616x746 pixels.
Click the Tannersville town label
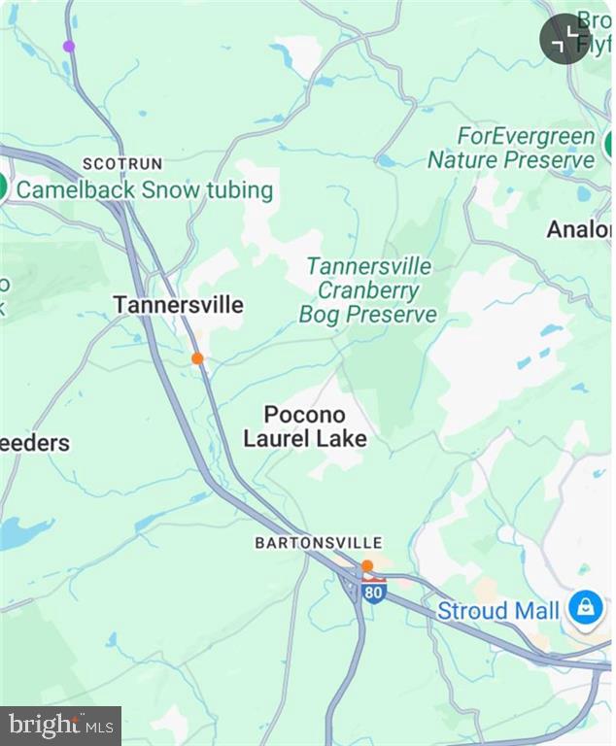178,305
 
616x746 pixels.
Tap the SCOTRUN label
122,164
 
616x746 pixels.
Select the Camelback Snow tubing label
145,189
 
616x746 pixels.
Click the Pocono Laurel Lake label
305,426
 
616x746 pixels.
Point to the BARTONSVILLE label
319,543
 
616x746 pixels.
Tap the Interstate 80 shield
374,590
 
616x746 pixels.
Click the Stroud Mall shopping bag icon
585,609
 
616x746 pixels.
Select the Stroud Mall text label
497,611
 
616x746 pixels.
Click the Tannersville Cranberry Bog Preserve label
368,289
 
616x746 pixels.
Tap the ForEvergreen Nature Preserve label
511,148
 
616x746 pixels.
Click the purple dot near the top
69,46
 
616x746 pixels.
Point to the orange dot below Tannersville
197,358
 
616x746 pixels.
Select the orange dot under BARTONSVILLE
367,565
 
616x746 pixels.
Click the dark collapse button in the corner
565,40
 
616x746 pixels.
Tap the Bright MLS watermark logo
60,725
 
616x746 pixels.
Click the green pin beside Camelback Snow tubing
4,187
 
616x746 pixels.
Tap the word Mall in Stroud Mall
536,611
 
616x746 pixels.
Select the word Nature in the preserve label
463,160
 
